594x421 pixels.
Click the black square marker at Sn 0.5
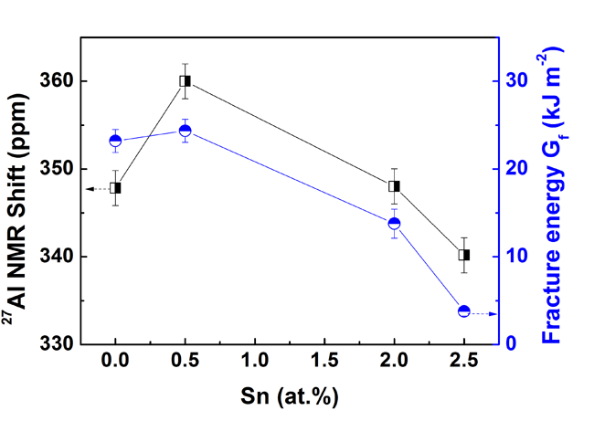(185, 80)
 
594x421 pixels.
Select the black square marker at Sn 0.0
(115, 188)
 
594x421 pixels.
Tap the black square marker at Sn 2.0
(394, 186)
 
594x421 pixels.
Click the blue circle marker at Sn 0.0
(115, 141)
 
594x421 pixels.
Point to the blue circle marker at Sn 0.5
(185, 131)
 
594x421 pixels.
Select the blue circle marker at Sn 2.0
(394, 224)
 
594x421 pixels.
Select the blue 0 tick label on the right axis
(513, 344)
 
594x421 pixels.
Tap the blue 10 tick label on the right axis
(517, 257)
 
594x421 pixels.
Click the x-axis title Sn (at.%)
(289, 397)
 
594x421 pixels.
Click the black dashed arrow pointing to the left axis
(95, 188)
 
